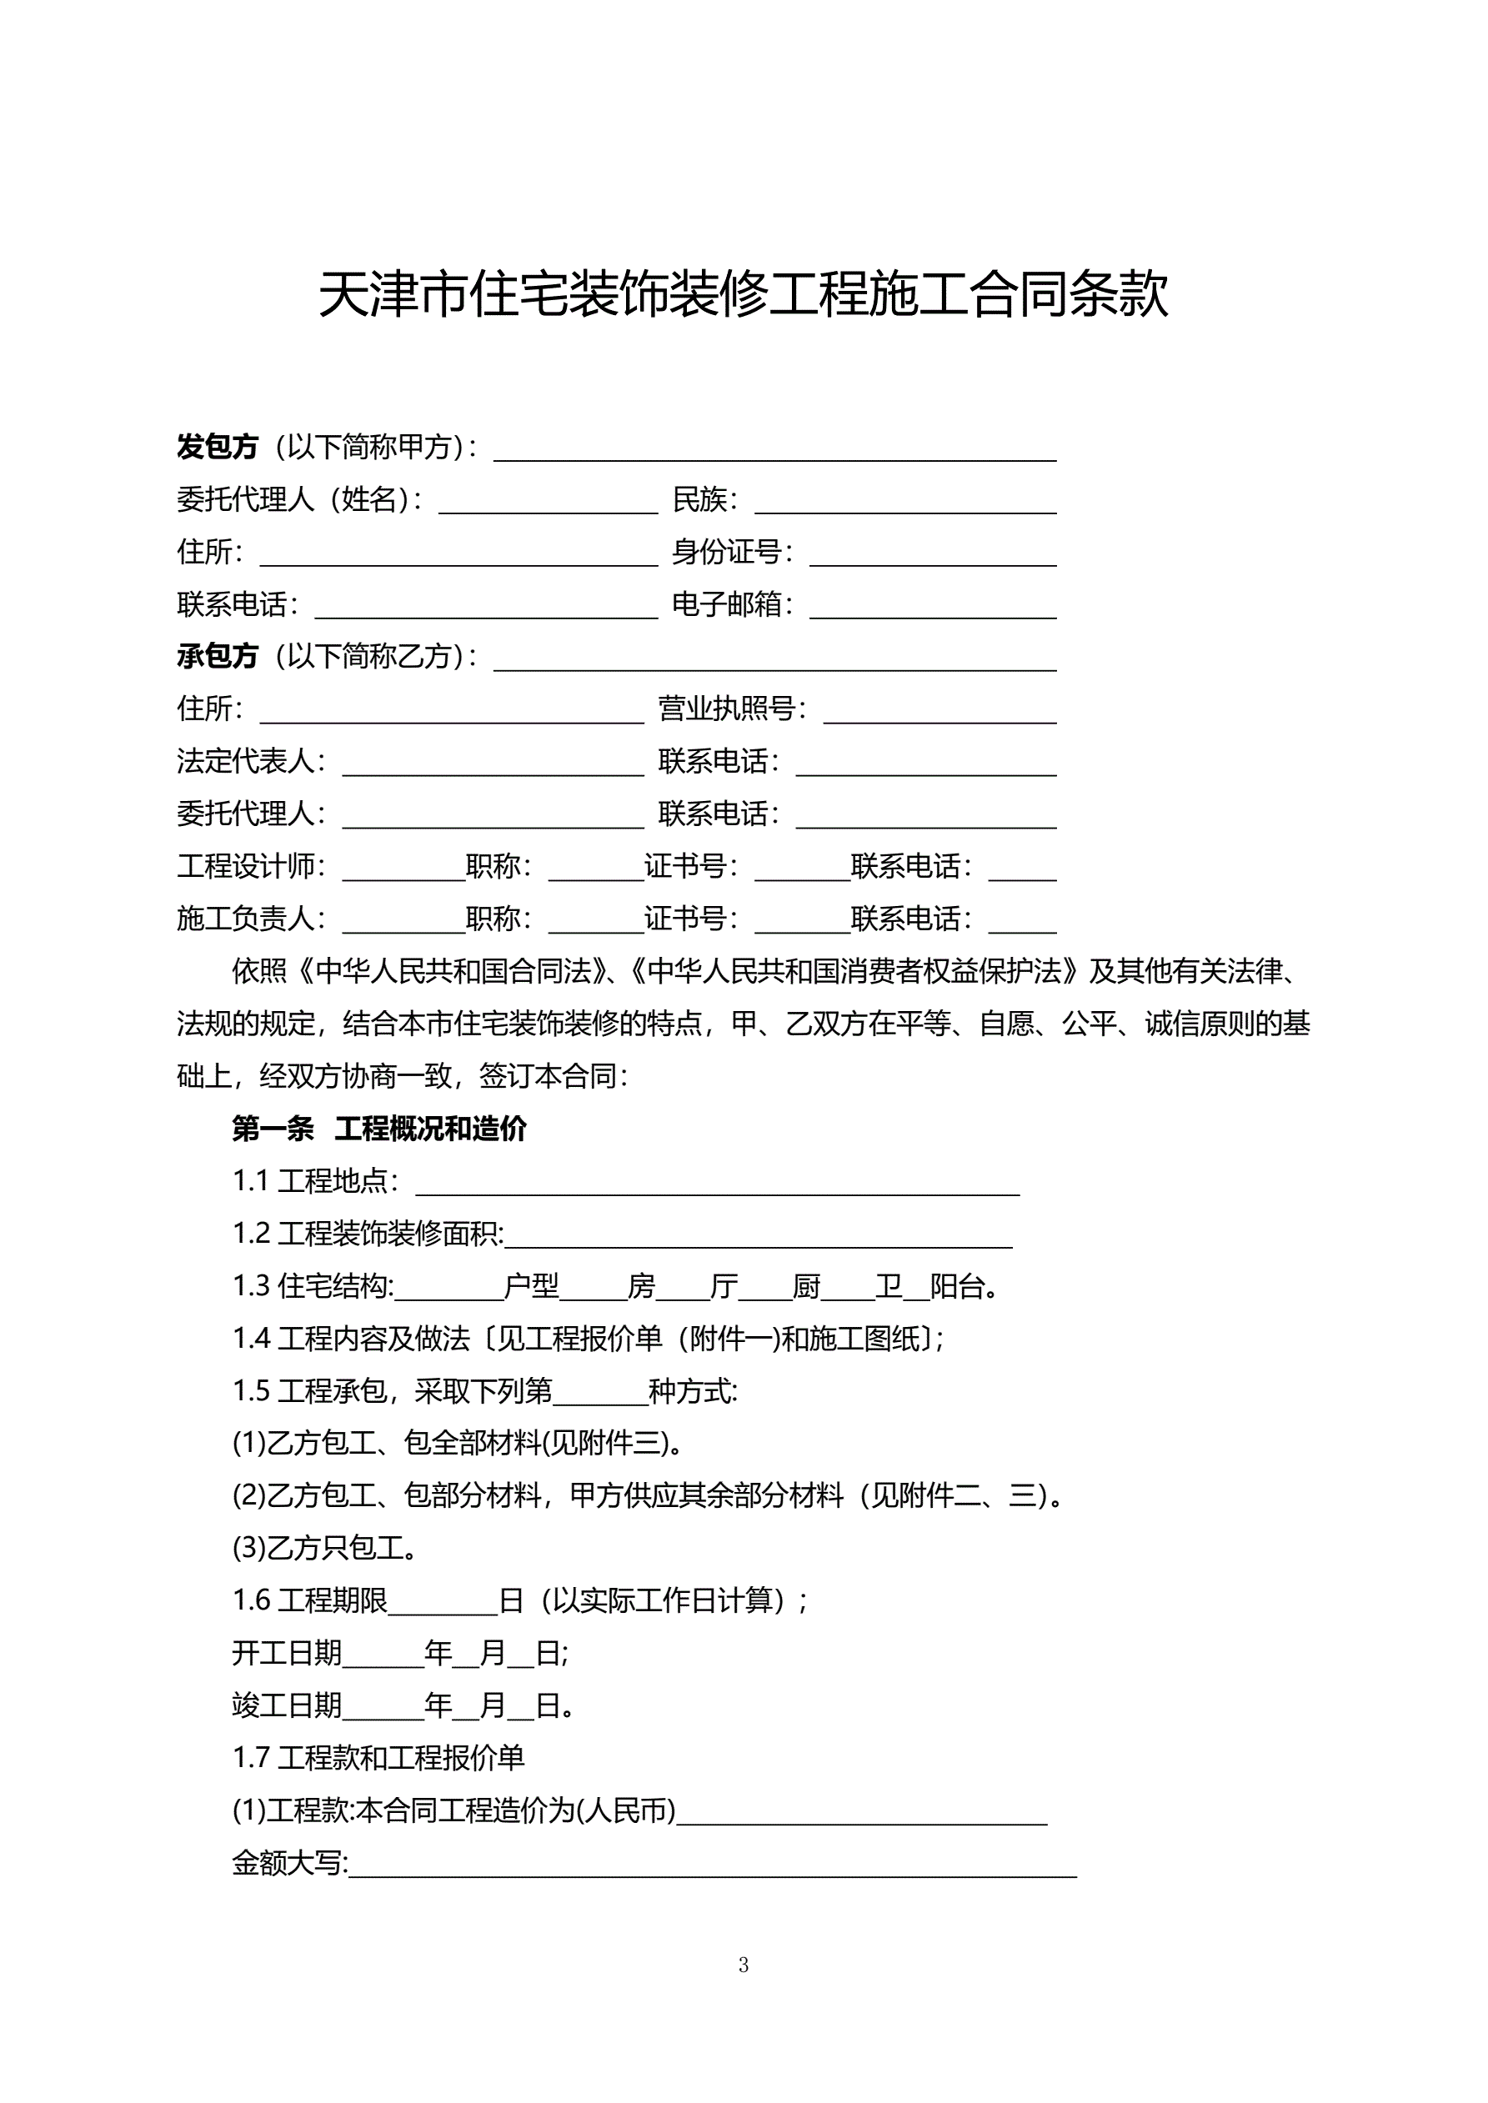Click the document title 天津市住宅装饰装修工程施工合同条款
coord(743,295)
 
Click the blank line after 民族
coord(905,502)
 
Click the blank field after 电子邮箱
coord(933,606)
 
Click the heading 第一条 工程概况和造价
coord(379,1129)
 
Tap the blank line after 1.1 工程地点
coord(718,1184)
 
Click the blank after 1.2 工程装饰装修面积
coord(759,1235)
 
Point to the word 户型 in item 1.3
coord(532,1287)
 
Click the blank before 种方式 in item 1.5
coord(600,1393)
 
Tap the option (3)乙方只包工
coord(325,1549)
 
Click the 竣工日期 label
coord(287,1705)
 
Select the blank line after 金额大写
coord(713,1865)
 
